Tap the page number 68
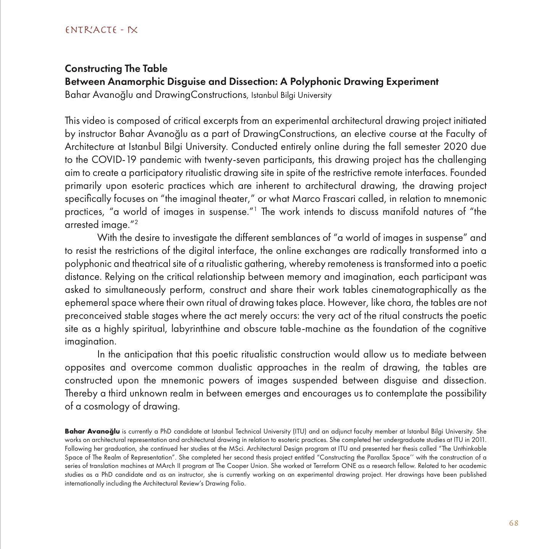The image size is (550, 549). click(x=514, y=523)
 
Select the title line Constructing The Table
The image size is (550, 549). click(x=116, y=68)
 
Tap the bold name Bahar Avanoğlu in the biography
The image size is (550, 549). click(x=92, y=431)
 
